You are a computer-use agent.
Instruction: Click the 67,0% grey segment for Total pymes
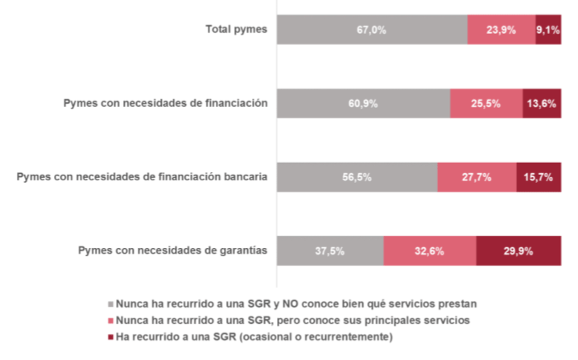(372, 30)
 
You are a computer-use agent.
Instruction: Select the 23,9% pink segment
(501, 30)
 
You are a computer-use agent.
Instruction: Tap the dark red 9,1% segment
(548, 30)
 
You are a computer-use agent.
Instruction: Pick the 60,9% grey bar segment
(363, 103)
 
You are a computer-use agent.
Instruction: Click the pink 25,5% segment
(486, 103)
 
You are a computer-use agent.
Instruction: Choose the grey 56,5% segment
(357, 176)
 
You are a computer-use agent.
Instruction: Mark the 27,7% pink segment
(477, 176)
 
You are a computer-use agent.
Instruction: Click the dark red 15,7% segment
(539, 176)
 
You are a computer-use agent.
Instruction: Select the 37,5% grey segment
(330, 250)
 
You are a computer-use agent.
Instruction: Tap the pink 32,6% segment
(430, 250)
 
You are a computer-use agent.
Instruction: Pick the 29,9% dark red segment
(518, 250)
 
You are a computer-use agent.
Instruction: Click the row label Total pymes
(237, 30)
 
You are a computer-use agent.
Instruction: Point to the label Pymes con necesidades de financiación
(165, 103)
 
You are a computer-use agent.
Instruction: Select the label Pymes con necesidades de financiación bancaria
(142, 176)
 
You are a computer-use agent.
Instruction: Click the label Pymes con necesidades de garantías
(172, 250)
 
